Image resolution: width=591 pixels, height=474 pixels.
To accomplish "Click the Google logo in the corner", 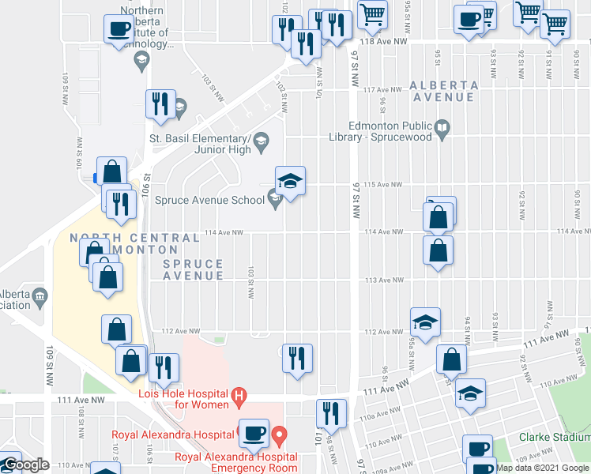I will click(x=25, y=465).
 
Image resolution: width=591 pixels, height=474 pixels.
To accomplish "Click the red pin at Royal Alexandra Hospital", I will click(x=279, y=434).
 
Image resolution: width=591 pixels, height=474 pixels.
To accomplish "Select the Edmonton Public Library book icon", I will click(x=443, y=127).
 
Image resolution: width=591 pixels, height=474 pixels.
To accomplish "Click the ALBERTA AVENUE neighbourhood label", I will click(x=442, y=91).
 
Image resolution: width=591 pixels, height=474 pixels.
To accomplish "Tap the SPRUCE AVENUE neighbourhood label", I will click(x=194, y=269).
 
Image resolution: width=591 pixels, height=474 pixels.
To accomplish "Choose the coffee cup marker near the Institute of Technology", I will click(x=119, y=29).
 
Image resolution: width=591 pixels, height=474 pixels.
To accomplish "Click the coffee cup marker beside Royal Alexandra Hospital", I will click(x=254, y=432).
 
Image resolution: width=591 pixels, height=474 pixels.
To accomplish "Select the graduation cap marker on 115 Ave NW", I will click(x=290, y=181).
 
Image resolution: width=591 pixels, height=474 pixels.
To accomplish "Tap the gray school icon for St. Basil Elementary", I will click(x=262, y=142).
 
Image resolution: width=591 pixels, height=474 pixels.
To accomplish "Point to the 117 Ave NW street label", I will click(x=379, y=90).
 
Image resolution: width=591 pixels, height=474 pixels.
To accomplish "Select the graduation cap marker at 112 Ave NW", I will click(x=425, y=322).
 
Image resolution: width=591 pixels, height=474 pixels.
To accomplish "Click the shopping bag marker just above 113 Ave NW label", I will click(x=437, y=250).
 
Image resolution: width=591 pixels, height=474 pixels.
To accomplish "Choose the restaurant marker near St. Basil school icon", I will click(x=160, y=103).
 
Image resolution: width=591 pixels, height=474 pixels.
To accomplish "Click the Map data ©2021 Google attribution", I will click(x=542, y=468).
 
